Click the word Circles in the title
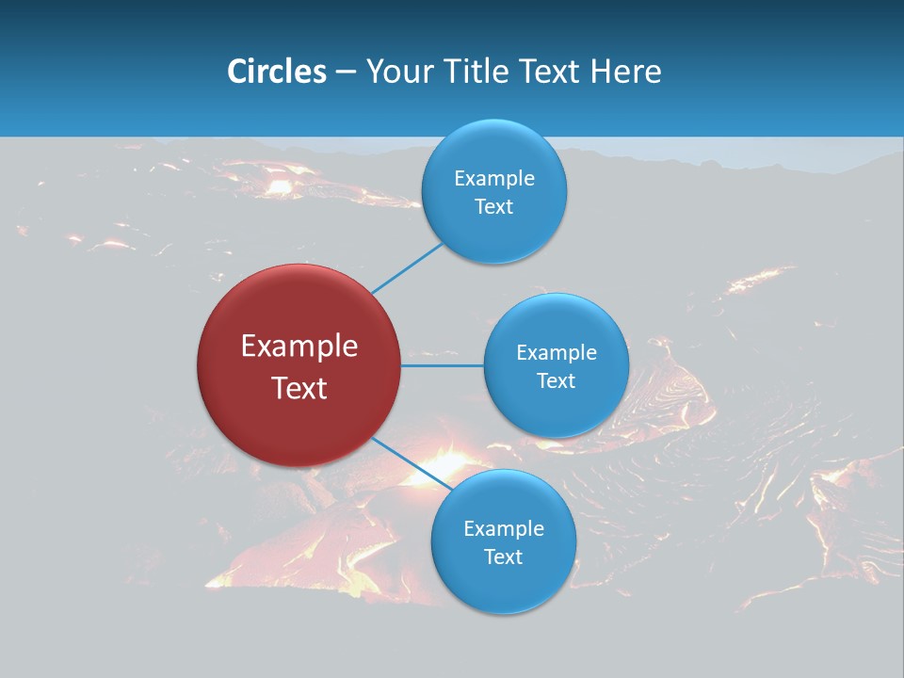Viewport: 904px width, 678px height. click(276, 72)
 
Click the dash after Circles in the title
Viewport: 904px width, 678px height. click(346, 73)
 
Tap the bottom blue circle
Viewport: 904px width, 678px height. click(503, 589)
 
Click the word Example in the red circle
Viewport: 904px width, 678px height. click(299, 347)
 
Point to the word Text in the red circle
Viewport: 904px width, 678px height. click(299, 388)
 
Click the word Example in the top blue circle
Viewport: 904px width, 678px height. click(494, 178)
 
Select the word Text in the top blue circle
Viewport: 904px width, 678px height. click(494, 206)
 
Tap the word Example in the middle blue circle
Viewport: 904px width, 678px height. click(557, 352)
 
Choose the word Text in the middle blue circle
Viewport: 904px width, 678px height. click(557, 380)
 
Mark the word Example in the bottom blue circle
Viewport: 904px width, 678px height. click(504, 528)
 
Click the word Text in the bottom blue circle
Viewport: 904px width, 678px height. click(504, 557)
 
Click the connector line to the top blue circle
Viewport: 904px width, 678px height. click(408, 267)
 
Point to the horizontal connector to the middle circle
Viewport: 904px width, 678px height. click(443, 365)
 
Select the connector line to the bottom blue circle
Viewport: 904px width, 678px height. click(412, 464)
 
